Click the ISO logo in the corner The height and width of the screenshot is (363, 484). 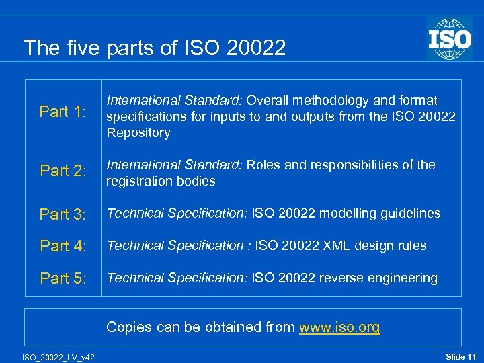point(449,39)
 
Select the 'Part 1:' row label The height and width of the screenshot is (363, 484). point(63,112)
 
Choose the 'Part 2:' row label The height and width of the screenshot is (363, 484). point(63,171)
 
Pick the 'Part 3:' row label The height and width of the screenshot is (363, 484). point(63,214)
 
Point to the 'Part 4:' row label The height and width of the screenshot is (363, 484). point(63,246)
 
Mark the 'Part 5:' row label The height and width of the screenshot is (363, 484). point(63,278)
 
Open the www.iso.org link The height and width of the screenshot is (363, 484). point(339,327)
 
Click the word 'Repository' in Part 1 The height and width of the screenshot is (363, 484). point(138,132)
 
